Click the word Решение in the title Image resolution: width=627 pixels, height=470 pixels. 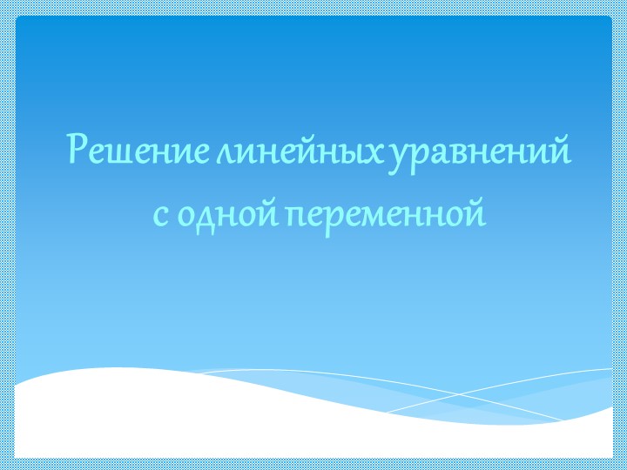[138, 151]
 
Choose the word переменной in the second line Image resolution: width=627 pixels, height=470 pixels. [384, 212]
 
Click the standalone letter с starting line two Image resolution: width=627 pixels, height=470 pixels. [160, 211]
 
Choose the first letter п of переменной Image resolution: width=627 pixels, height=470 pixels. [294, 212]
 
